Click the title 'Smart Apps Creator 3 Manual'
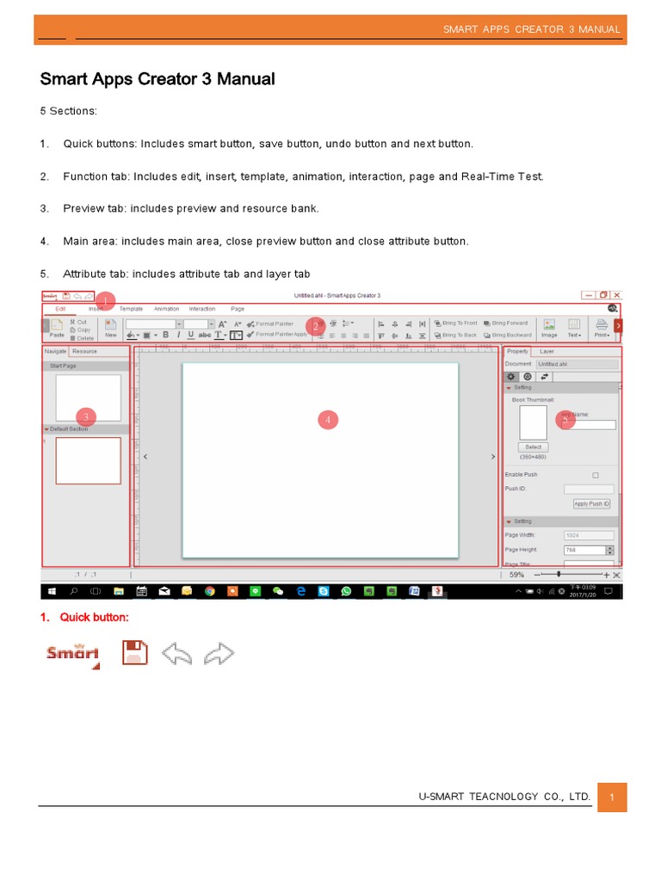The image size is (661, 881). click(158, 79)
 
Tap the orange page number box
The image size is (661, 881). click(611, 798)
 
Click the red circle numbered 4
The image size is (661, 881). click(327, 419)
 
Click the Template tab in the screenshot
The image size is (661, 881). click(131, 309)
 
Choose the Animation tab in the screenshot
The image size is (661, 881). click(166, 309)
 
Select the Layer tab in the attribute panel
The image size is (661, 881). click(547, 351)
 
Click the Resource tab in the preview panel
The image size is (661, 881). click(84, 351)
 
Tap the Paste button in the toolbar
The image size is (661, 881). click(57, 329)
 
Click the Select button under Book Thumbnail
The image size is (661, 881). click(533, 447)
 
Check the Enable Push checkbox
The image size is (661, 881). click(596, 475)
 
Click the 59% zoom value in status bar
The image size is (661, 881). click(517, 574)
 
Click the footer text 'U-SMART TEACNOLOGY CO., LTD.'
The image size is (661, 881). click(504, 798)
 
